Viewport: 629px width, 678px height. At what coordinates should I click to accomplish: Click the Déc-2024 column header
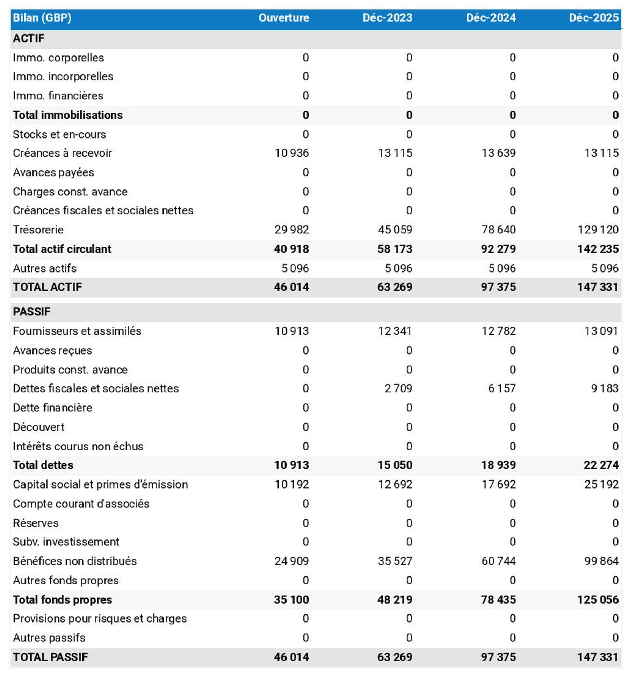tap(491, 17)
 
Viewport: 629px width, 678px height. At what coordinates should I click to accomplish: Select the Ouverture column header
tap(283, 17)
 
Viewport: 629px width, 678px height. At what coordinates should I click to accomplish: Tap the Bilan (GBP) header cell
tap(42, 17)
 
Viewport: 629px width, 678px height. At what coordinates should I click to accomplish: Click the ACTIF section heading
tap(29, 38)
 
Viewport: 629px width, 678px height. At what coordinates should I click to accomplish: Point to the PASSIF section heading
tap(31, 312)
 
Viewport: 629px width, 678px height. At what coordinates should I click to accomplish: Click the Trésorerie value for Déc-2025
tap(598, 230)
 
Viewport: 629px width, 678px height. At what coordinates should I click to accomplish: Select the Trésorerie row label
tap(38, 230)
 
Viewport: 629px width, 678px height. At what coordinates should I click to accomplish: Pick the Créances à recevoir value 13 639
tap(498, 153)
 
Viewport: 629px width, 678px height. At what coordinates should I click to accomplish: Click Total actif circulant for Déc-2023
tap(395, 249)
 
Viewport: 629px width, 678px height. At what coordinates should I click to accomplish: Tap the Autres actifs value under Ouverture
tap(295, 268)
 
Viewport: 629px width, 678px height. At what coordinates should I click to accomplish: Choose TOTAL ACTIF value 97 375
tap(498, 287)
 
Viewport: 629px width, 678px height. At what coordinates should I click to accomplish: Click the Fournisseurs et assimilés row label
tap(77, 331)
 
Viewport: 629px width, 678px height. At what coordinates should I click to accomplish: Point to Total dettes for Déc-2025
tap(601, 465)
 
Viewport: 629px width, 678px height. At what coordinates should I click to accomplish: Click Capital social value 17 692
tap(498, 484)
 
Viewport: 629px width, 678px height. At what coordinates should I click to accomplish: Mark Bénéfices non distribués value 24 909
tap(291, 561)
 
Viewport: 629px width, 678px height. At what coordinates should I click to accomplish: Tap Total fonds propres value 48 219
tap(395, 599)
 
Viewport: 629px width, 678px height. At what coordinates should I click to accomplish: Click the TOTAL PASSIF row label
tap(50, 657)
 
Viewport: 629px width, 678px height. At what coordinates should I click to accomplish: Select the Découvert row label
tap(38, 427)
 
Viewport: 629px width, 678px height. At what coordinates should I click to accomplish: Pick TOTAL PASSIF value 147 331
tap(598, 657)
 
